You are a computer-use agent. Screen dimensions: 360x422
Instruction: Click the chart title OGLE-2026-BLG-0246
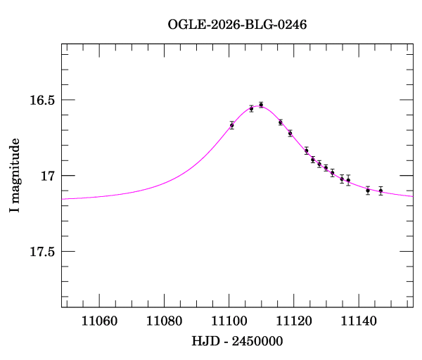pos(237,24)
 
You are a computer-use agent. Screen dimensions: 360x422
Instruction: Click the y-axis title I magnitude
pos(14,176)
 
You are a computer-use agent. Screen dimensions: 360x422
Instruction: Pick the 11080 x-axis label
pos(164,321)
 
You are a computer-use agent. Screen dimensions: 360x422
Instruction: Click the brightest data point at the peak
pos(261,105)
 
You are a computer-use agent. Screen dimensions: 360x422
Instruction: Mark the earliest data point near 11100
pos(231,125)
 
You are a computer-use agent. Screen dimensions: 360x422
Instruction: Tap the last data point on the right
pos(381,191)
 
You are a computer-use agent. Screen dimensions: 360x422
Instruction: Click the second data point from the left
pos(251,108)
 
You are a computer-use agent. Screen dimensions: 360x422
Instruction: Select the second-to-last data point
pos(368,190)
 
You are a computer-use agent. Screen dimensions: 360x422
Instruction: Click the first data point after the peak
pos(280,122)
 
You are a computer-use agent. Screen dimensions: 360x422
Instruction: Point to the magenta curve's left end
pos(63,199)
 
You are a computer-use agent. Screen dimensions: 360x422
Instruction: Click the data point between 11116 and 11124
pos(290,133)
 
